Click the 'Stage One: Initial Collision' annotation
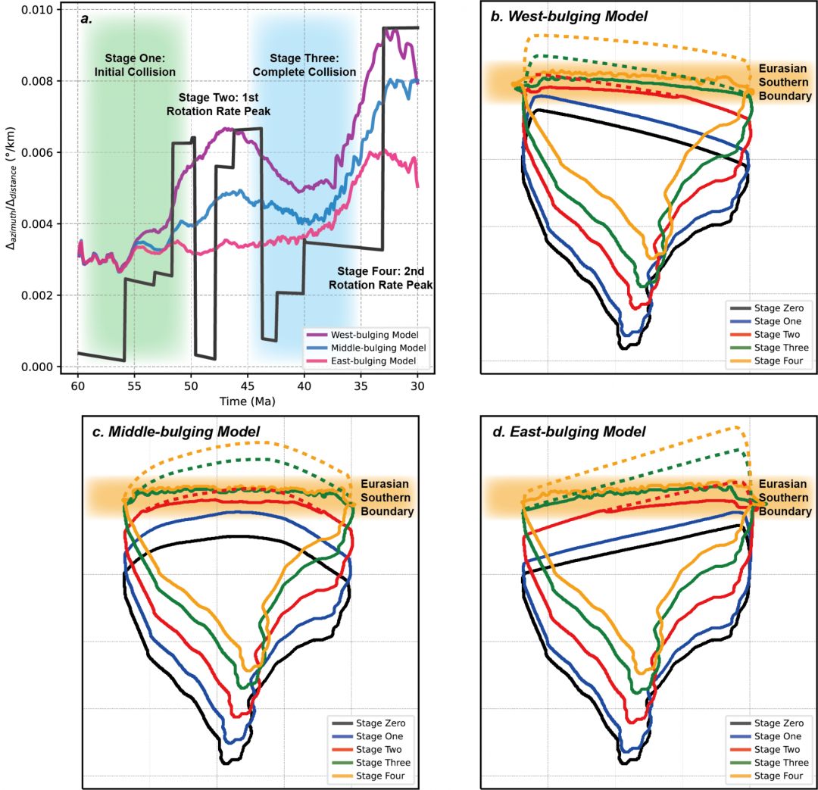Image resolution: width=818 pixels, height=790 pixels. (x=136, y=65)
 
